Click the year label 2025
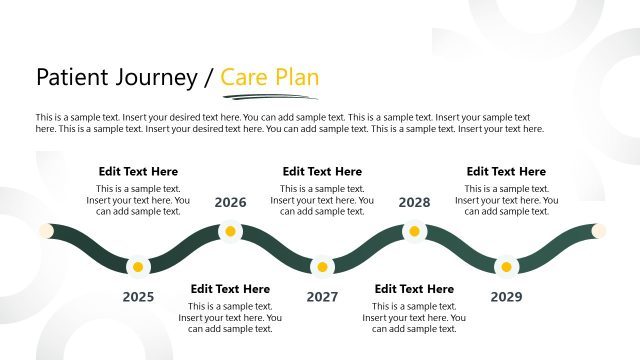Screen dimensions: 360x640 coord(138,297)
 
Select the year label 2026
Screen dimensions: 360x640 coord(230,203)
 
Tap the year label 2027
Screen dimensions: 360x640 coord(322,297)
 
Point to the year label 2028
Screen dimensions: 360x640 coord(414,203)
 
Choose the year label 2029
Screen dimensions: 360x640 coord(506,297)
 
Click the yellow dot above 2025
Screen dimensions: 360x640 coord(138,267)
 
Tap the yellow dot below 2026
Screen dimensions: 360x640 coord(230,232)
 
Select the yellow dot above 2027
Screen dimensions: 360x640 coord(322,267)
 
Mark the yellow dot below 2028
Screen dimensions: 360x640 coord(414,232)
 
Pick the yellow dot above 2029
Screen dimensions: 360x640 coord(506,267)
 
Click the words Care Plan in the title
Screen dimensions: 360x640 coord(270,77)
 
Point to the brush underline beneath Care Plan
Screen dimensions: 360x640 coord(270,97)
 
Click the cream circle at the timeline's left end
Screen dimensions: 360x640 coord(45,231)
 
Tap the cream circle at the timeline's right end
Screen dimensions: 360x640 coord(599,231)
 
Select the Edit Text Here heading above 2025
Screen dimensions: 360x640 coord(138,172)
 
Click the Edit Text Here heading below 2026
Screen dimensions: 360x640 coord(230,289)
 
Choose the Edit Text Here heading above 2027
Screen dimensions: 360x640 coord(322,172)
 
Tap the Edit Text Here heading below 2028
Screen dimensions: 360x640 coord(414,289)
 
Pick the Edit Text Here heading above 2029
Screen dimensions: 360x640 coord(506,172)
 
